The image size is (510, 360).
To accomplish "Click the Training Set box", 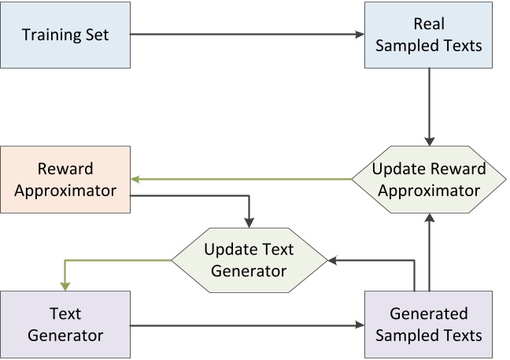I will pos(65,35).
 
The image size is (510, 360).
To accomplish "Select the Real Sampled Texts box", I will pos(428,35).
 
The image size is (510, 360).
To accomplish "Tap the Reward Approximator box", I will pos(65,179).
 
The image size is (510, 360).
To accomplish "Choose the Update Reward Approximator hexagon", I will pos(428,180).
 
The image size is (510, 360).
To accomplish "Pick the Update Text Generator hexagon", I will pos(249,259).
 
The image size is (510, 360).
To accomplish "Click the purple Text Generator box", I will pos(65,324).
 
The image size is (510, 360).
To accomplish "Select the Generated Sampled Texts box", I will pos(428,324).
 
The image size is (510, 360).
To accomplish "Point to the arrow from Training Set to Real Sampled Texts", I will pos(244,35).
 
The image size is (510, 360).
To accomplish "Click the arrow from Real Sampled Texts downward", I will pos(428,106).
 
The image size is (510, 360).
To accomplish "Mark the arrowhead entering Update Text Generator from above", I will pos(249,224).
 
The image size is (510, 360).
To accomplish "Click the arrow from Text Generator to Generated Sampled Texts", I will pos(244,324).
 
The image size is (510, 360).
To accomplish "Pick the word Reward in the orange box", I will pos(65,169).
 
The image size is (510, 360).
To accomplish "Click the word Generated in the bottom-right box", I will pos(428,314).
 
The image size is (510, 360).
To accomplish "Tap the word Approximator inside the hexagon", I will pos(428,190).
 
